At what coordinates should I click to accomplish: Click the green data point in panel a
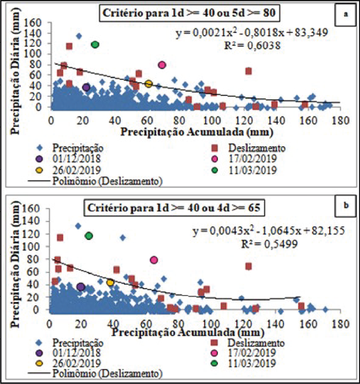point(96,45)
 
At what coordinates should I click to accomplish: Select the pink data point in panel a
point(162,65)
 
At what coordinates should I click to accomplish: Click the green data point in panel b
point(89,236)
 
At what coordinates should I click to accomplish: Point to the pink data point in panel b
point(154,260)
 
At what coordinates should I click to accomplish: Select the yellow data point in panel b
point(111,283)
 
